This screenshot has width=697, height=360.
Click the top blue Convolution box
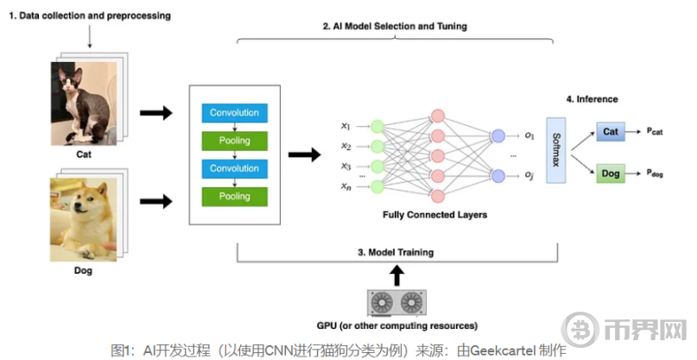point(235,113)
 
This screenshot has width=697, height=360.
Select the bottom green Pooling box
point(235,196)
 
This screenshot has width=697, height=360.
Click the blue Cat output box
point(610,131)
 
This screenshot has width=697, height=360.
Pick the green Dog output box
point(610,174)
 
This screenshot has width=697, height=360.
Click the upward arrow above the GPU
point(397,275)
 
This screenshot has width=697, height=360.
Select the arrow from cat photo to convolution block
point(155,113)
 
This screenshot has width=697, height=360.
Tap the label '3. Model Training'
point(397,252)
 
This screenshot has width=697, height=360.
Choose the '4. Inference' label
point(592,99)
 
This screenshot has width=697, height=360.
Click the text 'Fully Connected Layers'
point(434,214)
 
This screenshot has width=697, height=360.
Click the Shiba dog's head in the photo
point(86,203)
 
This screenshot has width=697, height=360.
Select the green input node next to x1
point(376,125)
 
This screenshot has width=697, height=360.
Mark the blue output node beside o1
point(497,136)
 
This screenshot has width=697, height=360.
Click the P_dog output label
point(658,174)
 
